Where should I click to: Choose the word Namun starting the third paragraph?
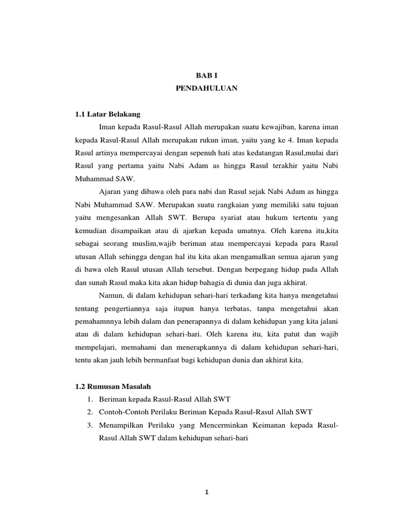point(109,294)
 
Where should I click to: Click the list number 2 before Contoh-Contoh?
point(89,412)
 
